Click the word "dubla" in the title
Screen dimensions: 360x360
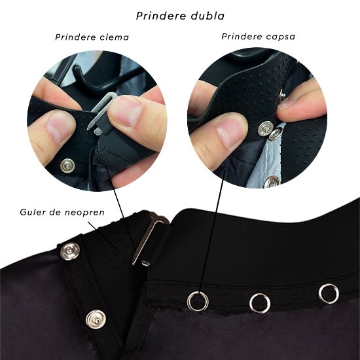[207, 16]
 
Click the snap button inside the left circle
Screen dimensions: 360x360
[67, 166]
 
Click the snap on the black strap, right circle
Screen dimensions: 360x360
[266, 128]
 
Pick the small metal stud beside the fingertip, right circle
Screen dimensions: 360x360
[282, 94]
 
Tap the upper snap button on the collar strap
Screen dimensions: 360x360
[70, 251]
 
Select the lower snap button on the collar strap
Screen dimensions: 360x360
[96, 319]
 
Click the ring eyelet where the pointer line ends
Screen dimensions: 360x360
[198, 301]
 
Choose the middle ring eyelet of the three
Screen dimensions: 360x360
[260, 303]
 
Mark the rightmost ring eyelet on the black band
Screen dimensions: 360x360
[329, 294]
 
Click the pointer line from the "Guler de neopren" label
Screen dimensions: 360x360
[103, 236]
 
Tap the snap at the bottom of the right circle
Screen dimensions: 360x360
[272, 182]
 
